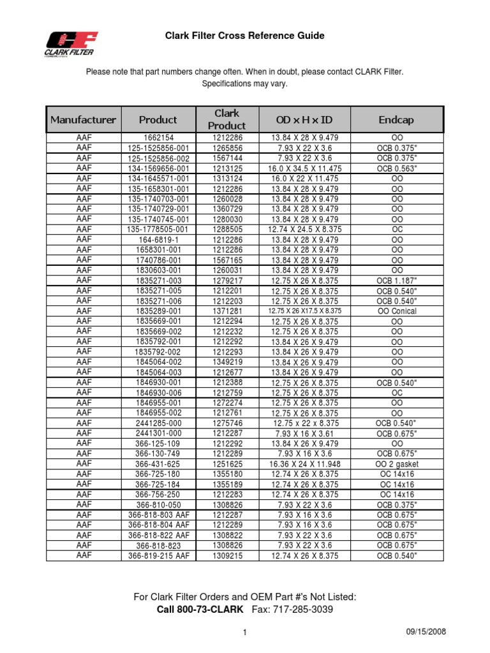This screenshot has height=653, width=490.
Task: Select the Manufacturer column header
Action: pos(84,119)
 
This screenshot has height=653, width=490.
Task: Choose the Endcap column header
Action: pos(396,119)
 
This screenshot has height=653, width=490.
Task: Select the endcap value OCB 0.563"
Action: pos(396,168)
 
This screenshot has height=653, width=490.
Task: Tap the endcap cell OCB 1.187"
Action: pos(396,280)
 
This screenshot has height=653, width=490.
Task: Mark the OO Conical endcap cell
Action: pos(396,311)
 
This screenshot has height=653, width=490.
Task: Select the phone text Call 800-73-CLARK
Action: pos(200,610)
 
